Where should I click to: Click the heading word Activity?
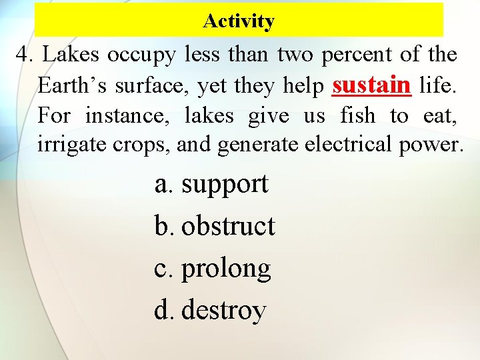239,21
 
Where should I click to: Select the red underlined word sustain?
371,85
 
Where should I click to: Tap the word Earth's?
71,85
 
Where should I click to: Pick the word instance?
127,116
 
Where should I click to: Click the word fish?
358,116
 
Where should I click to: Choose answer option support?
225,185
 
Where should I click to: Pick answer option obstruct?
227,226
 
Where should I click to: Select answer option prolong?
226,269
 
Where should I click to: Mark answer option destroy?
223,311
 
